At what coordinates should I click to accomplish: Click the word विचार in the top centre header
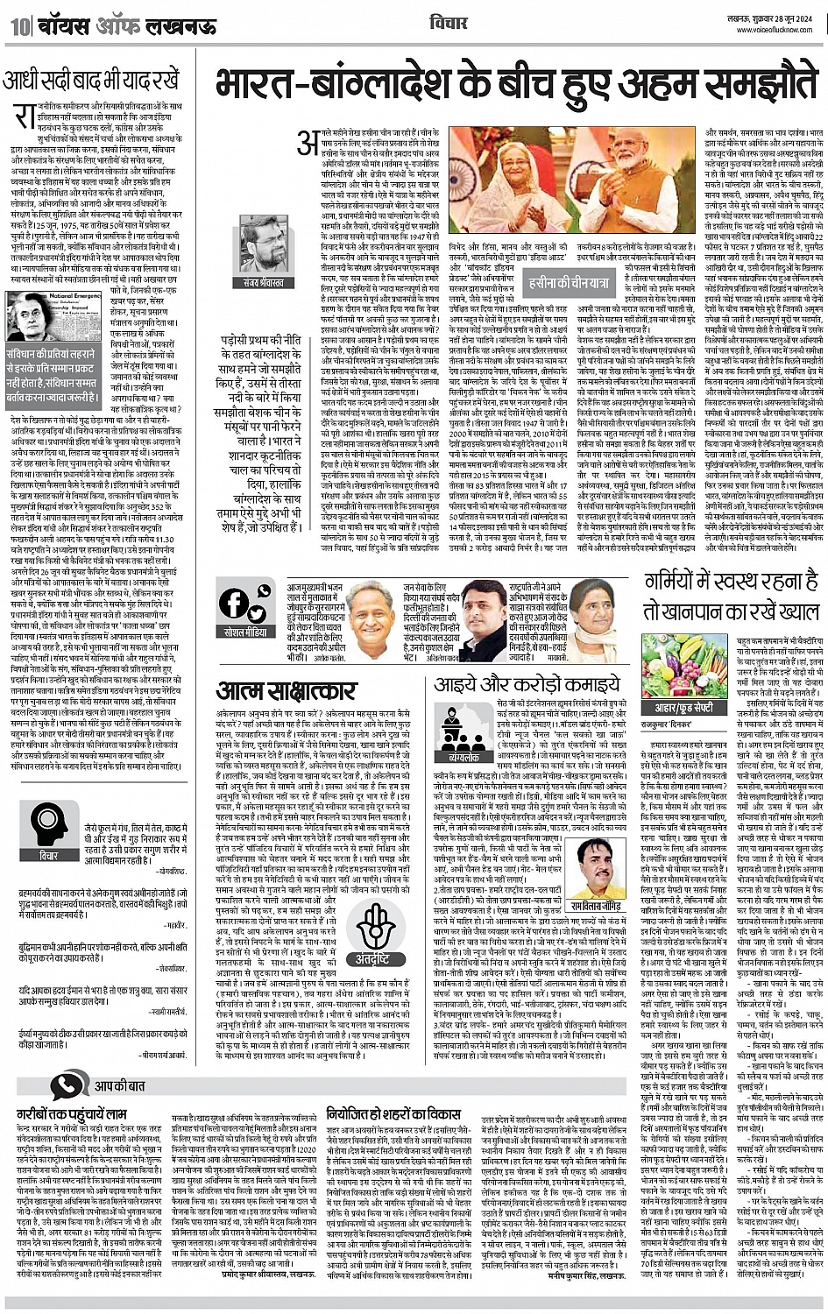click(448, 22)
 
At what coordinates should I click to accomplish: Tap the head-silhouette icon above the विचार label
click(49, 823)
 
